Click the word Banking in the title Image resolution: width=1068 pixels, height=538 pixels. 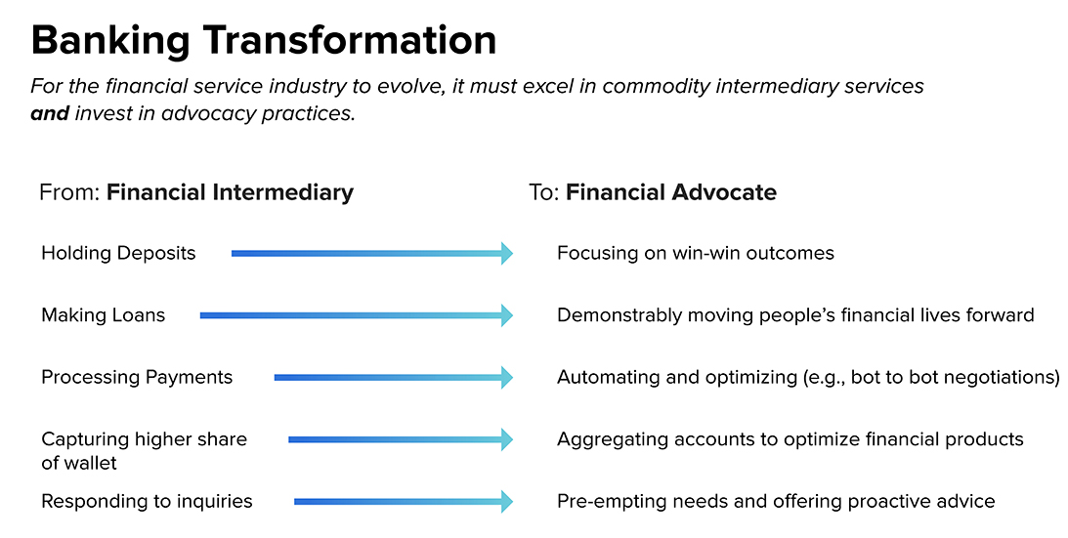coord(110,41)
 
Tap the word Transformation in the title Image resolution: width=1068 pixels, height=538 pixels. coord(350,39)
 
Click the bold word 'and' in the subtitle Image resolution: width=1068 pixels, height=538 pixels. coord(50,113)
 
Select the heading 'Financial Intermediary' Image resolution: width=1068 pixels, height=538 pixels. coord(231,192)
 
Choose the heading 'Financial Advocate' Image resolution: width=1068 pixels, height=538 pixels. coord(671,192)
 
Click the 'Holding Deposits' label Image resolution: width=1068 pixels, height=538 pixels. coord(118,253)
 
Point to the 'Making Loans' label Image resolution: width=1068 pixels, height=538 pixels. coord(104,315)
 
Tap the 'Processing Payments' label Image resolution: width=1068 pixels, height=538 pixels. coord(137,377)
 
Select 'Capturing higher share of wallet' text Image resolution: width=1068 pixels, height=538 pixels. coord(145,451)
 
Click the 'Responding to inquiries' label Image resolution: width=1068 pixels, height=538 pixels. coord(148,502)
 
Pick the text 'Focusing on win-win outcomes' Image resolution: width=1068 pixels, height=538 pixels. coord(696,253)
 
